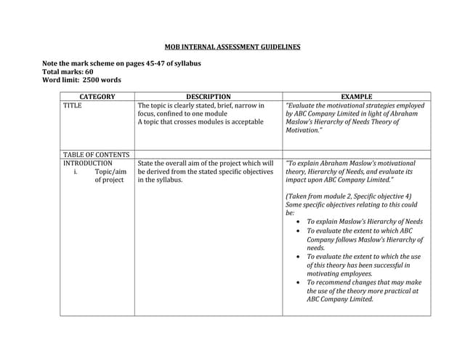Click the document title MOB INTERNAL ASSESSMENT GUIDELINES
[x=232, y=47]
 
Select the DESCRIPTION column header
[x=208, y=96]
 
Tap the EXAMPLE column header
[x=356, y=96]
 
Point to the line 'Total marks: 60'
[x=68, y=72]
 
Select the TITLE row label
[x=73, y=105]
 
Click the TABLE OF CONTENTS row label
[x=96, y=154]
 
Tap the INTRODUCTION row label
[x=88, y=164]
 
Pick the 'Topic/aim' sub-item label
[x=110, y=172]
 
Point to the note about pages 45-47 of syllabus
[x=121, y=63]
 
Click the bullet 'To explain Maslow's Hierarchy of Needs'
[x=364, y=222]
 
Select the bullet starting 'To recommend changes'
[x=363, y=282]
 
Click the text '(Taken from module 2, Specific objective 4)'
[x=348, y=196]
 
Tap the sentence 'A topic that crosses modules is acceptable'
[x=201, y=121]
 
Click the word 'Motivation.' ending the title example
[x=304, y=130]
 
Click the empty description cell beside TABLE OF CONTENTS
[x=208, y=154]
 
